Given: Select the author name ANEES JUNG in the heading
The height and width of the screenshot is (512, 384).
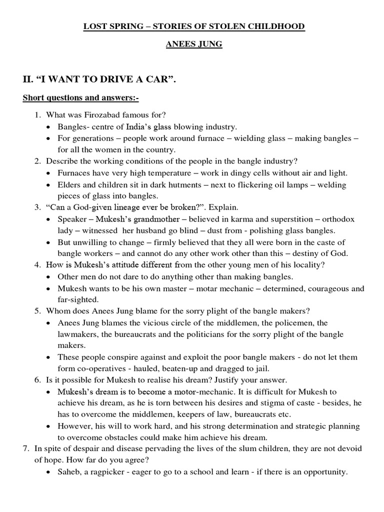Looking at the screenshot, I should click(x=194, y=45).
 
